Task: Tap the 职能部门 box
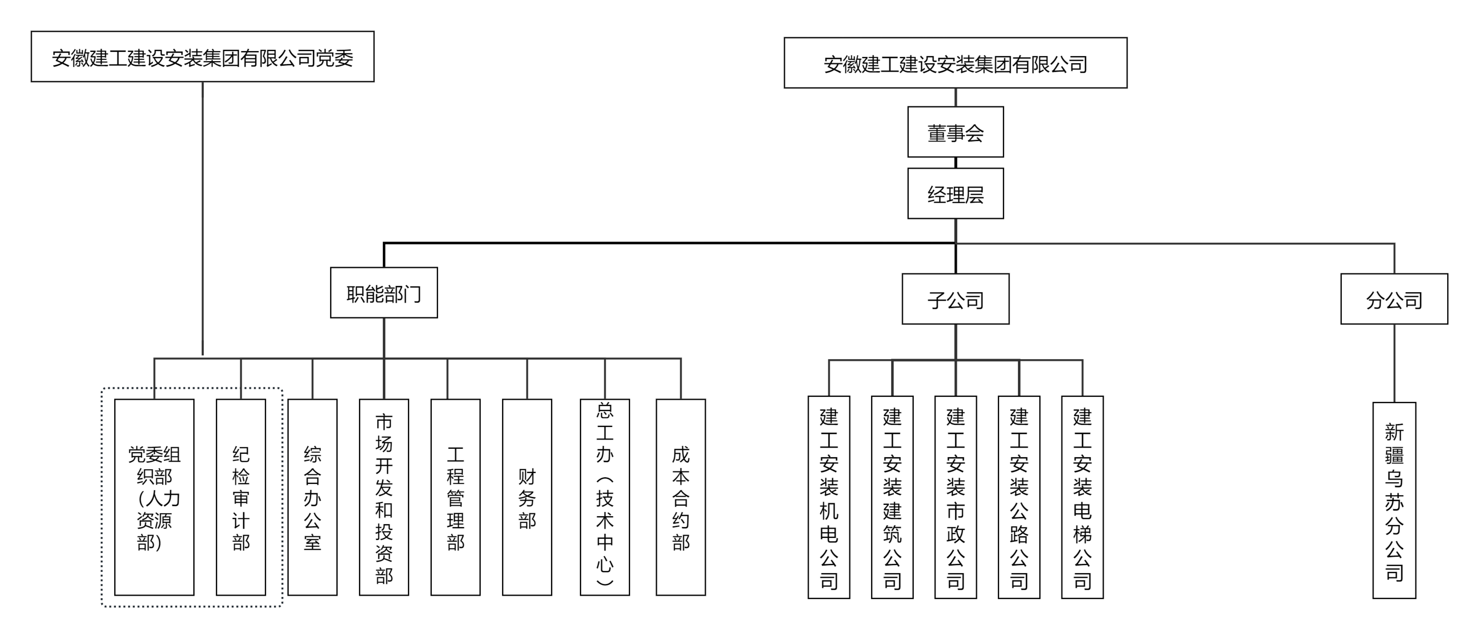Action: coord(383,293)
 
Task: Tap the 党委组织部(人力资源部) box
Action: coord(154,497)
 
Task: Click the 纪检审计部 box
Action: coord(241,497)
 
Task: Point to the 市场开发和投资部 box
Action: coord(383,497)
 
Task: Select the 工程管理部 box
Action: coord(455,497)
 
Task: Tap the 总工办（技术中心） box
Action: coord(605,497)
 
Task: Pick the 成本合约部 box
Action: coord(680,497)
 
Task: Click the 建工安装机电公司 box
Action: coord(828,497)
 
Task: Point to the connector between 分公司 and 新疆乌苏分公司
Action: coord(1394,363)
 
